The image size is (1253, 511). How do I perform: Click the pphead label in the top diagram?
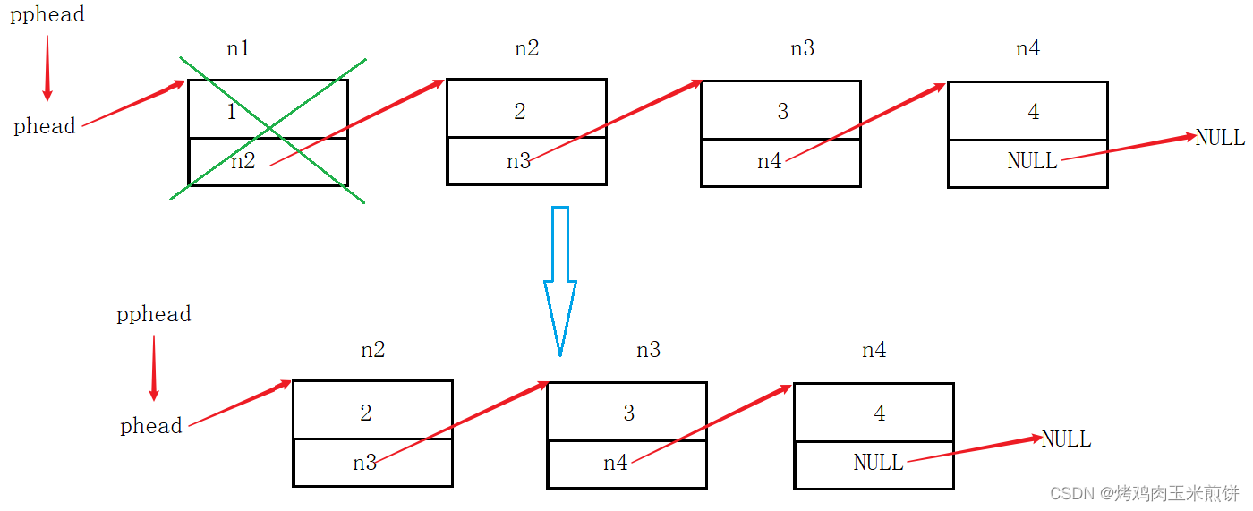click(x=47, y=15)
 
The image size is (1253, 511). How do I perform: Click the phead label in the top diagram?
click(x=45, y=127)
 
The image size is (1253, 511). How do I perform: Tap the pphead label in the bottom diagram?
click(x=154, y=314)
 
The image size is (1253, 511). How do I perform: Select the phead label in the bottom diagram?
click(x=151, y=427)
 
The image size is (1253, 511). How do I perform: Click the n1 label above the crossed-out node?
click(x=238, y=49)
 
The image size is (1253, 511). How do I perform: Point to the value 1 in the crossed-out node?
click(x=232, y=113)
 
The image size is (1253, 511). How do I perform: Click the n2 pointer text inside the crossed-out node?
click(x=243, y=162)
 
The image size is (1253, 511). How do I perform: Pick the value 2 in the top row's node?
click(x=520, y=112)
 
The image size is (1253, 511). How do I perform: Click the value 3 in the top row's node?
click(x=783, y=112)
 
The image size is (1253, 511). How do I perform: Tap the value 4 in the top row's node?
click(x=1034, y=112)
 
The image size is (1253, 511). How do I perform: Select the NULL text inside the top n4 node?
click(x=1032, y=161)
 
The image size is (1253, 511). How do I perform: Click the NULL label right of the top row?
click(x=1220, y=138)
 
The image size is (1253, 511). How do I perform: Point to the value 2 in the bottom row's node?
click(x=366, y=413)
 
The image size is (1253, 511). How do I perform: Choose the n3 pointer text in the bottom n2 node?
click(x=364, y=463)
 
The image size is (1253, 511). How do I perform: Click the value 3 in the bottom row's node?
click(x=629, y=413)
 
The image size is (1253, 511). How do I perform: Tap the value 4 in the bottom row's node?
click(x=880, y=413)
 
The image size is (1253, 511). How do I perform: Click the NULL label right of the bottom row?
click(x=1066, y=439)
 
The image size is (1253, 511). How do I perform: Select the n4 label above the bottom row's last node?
click(x=874, y=351)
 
